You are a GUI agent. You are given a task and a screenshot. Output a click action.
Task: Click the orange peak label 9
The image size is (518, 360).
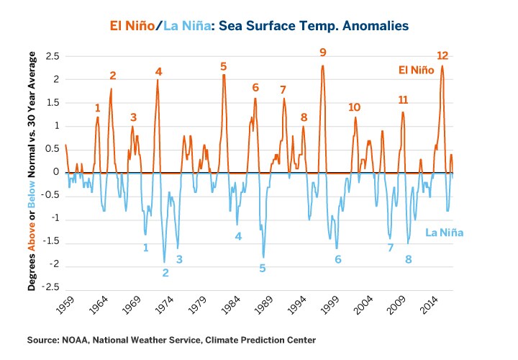[323, 52]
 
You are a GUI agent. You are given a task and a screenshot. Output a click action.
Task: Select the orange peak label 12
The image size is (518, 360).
[442, 55]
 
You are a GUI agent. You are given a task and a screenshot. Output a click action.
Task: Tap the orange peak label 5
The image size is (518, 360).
[224, 66]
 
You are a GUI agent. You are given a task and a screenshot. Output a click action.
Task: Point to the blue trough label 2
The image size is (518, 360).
[165, 273]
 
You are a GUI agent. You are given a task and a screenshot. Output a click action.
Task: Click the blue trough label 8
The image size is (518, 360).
[408, 259]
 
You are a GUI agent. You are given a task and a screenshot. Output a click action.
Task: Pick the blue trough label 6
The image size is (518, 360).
[337, 259]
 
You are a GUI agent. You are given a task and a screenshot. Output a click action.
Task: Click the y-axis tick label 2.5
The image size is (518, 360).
[51, 55]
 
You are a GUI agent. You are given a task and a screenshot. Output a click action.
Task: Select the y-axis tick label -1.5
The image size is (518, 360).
[49, 243]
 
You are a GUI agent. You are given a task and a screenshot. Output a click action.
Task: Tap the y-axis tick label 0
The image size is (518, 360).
[55, 172]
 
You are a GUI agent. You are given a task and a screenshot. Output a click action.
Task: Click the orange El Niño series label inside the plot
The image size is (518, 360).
[417, 71]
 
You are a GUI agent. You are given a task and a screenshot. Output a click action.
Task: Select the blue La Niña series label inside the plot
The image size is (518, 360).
[444, 233]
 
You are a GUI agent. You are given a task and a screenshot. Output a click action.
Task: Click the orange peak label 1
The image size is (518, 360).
[98, 108]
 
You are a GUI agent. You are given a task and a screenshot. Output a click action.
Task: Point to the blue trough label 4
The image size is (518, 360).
[238, 236]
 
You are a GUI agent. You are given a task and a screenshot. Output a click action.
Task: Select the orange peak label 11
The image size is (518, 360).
[403, 99]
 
